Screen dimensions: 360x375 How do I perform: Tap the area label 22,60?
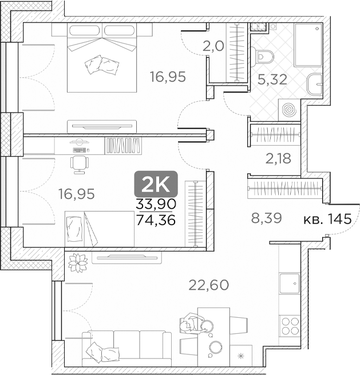point(209,285)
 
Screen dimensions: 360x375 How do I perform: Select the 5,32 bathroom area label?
point(272,79)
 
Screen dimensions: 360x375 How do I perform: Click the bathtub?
point(308,45)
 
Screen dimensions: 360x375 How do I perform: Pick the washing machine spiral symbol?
point(290,110)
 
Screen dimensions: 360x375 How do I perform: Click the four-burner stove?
point(290,326)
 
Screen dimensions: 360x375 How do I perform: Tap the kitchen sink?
point(290,284)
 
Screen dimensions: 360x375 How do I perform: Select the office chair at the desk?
point(80,165)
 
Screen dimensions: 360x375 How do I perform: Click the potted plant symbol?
point(78,263)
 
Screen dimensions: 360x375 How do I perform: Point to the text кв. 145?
point(327,219)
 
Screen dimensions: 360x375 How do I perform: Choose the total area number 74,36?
point(156,220)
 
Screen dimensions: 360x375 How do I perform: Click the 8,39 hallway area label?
point(266,218)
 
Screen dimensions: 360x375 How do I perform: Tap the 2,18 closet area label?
point(278,158)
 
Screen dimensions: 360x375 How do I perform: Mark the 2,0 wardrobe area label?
point(213,46)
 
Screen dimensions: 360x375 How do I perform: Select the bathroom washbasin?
point(314,84)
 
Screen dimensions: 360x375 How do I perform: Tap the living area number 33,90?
point(156,204)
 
